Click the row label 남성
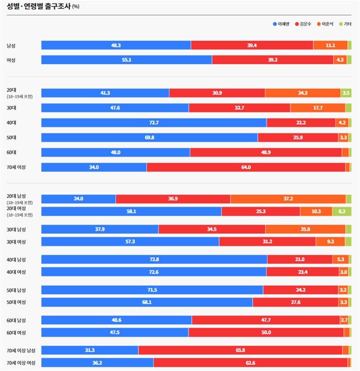click(x=11, y=45)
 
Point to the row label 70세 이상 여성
click(x=21, y=363)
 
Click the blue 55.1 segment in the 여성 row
click(x=126, y=60)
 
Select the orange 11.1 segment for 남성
click(x=330, y=45)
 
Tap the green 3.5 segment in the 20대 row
click(x=346, y=93)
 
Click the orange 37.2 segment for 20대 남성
click(x=288, y=199)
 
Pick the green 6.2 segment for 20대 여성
click(x=342, y=212)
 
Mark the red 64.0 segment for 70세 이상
click(x=246, y=167)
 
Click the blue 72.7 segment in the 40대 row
click(x=154, y=123)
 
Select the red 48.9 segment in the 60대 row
click(x=265, y=153)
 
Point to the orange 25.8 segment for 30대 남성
click(x=305, y=229)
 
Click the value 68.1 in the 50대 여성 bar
click(x=147, y=302)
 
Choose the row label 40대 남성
click(x=16, y=260)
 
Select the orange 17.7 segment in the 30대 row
click(x=317, y=108)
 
